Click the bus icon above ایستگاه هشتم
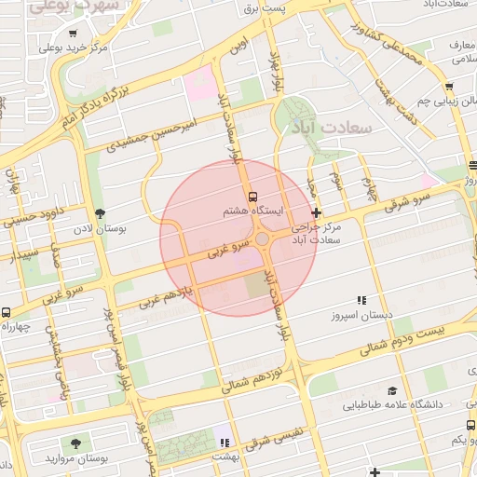tap(253, 197)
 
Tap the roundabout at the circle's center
tap(264, 240)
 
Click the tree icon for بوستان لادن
tap(100, 213)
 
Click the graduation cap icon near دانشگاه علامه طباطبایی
tap(392, 390)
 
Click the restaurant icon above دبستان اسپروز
tap(361, 300)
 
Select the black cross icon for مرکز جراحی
tap(316, 213)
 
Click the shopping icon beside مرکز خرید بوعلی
tap(48, 47)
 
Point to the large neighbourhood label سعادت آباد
tap(331, 125)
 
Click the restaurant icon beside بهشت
tap(223, 441)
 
